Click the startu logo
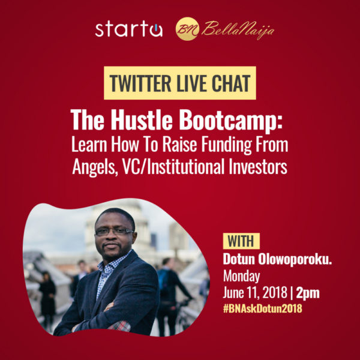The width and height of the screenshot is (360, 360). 129,29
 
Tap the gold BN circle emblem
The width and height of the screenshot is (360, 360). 187,29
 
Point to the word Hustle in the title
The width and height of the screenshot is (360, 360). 142,120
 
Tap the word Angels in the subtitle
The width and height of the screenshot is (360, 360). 94,167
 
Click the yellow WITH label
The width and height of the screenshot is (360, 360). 241,241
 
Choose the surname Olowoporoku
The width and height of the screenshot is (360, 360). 295,259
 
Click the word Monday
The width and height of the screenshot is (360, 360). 242,276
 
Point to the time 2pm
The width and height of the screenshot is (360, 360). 308,293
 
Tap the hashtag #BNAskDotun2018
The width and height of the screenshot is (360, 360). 262,308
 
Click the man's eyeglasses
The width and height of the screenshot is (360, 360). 115,232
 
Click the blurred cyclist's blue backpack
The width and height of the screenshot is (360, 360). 163,278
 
